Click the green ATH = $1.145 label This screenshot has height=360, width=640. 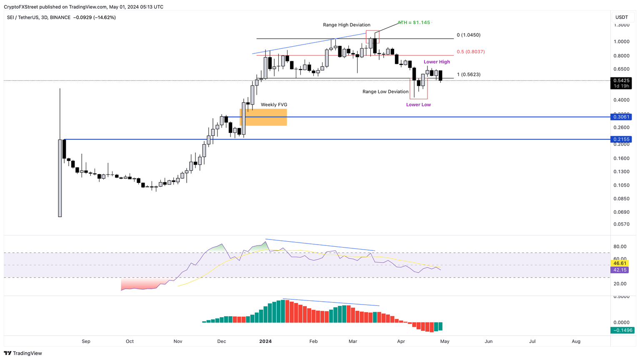coord(414,22)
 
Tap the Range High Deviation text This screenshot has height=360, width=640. coord(346,25)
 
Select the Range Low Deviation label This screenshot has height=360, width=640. coord(385,92)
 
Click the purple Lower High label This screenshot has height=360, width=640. coord(437,62)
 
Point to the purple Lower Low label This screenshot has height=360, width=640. coord(418,105)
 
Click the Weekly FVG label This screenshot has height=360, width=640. coord(274,105)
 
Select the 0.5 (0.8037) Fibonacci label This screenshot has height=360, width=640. coord(470,52)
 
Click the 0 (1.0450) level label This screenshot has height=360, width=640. coord(468,35)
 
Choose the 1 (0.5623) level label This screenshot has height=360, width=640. coord(468,75)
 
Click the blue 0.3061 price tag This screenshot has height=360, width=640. coord(621,117)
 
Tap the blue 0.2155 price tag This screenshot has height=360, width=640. coord(621,139)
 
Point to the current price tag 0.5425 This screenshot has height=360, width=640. coord(621,80)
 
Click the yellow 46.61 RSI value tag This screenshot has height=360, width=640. coord(620,263)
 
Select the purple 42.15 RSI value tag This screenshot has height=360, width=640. coord(620,270)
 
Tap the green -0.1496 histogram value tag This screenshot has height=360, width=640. coord(622,330)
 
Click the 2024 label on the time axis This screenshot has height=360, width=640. coord(265,341)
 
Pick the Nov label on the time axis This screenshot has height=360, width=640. coord(178,341)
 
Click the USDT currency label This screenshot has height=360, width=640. coord(622,17)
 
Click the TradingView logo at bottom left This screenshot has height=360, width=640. coord(23,353)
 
